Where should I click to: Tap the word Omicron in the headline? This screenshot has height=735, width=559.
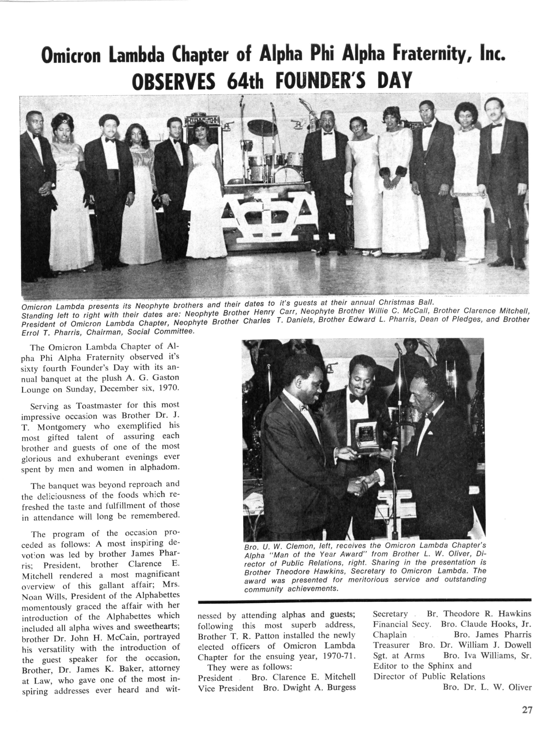coord(71,55)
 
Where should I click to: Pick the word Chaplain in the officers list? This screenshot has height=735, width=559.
coord(390,635)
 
